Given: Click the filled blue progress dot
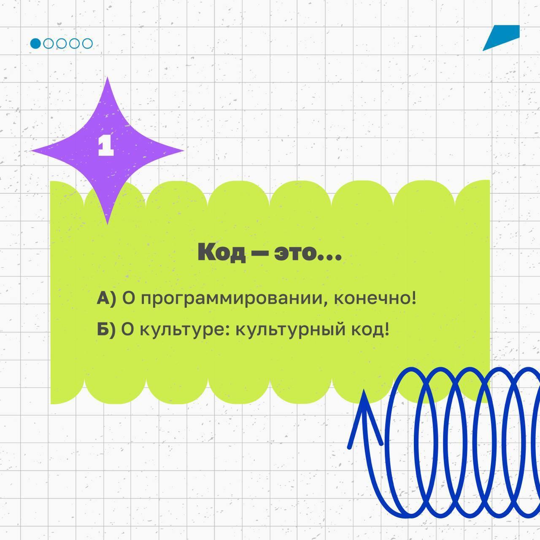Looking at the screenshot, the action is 35,43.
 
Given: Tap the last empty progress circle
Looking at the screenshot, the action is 87,43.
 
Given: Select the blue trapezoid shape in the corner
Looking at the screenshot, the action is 501,38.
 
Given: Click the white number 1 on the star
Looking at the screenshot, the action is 106,146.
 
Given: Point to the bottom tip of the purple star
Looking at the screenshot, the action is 107,224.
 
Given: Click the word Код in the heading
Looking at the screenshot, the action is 221,252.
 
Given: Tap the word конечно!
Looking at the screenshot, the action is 375,298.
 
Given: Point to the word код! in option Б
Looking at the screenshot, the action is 370,329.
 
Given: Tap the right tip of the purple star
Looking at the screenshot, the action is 184,151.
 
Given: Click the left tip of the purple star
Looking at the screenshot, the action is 31,151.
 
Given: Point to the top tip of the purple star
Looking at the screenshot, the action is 107,78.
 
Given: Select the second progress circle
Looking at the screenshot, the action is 49,43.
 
